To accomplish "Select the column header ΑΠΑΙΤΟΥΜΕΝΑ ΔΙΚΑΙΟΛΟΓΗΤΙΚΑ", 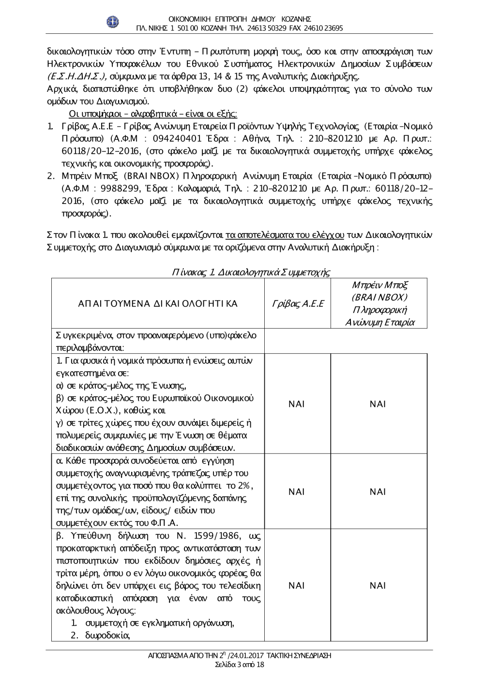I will (x=158, y=304).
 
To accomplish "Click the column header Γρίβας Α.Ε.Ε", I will (x=297, y=304).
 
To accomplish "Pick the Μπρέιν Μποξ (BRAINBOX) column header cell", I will (x=379, y=303).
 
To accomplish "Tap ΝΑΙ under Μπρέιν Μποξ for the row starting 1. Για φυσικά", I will (x=378, y=404).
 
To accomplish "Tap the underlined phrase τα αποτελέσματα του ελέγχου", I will (x=285, y=235).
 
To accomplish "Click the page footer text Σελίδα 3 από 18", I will (x=240, y=665).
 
